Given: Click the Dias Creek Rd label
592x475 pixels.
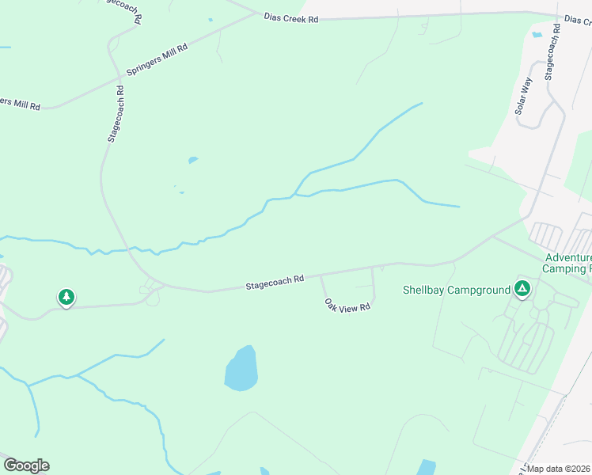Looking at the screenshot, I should point(291,19).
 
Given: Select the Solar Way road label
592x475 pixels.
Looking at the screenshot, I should point(524,95).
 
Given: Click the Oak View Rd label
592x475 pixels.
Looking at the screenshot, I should point(347,305).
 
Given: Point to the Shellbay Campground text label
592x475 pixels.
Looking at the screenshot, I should point(457,290).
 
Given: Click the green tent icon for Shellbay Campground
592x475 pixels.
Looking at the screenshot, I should point(522,289).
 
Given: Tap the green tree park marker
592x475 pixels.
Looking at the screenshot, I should point(66,298).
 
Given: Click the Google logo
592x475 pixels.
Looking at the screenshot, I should point(26,465).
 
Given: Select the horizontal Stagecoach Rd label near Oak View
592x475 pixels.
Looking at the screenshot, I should point(275,280).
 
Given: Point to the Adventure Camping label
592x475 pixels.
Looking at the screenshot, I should point(567,264).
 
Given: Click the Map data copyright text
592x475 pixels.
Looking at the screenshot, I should point(559,469).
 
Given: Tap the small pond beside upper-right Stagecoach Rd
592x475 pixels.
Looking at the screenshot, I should point(537,34).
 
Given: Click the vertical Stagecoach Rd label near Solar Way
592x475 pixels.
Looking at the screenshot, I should point(552,51).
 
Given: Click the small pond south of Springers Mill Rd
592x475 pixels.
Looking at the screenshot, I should point(192,160).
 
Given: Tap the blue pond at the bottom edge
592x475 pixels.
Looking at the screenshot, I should point(426,467).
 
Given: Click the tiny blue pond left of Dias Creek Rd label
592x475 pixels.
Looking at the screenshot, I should point(211,20).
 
